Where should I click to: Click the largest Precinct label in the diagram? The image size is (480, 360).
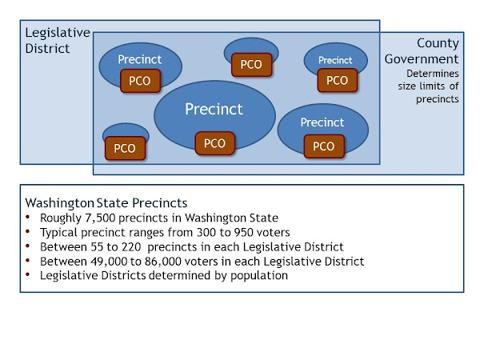tap(214, 109)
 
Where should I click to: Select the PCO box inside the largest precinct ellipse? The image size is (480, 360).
tap(215, 143)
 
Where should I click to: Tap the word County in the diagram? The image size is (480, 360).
tap(438, 43)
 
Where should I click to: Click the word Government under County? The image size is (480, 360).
tap(422, 58)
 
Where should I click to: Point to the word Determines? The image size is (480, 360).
tap(433, 74)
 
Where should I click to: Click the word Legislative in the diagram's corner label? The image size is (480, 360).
tap(58, 33)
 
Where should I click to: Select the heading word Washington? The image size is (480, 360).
tap(60, 203)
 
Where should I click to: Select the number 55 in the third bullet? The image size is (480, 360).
tap(97, 246)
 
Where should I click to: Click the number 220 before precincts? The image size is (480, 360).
tap(131, 246)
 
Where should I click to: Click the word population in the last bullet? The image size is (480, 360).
tap(259, 276)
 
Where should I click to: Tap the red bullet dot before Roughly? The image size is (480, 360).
tap(28, 217)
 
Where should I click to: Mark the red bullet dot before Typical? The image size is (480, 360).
tap(28, 231)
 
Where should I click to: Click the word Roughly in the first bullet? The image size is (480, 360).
tap(61, 218)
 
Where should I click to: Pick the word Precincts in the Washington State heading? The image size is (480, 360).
tap(159, 203)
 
